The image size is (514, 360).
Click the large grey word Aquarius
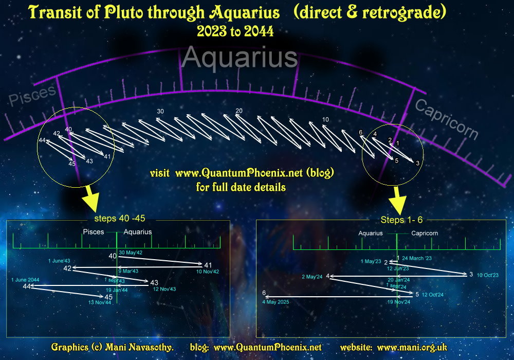240,58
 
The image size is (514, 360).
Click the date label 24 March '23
417,258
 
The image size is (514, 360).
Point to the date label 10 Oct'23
488,275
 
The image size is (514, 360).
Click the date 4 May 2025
276,302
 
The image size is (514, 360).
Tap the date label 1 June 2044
25,279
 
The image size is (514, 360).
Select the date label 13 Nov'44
100,302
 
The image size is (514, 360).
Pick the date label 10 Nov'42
208,272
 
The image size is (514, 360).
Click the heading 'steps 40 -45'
119,218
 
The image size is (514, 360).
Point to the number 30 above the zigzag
160,112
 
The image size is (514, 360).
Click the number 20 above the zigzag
238,111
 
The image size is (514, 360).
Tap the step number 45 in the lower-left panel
108,297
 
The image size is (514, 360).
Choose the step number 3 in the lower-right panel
471,274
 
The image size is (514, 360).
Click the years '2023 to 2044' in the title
235,32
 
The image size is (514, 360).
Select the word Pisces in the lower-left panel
94,232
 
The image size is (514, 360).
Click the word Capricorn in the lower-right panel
425,233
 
